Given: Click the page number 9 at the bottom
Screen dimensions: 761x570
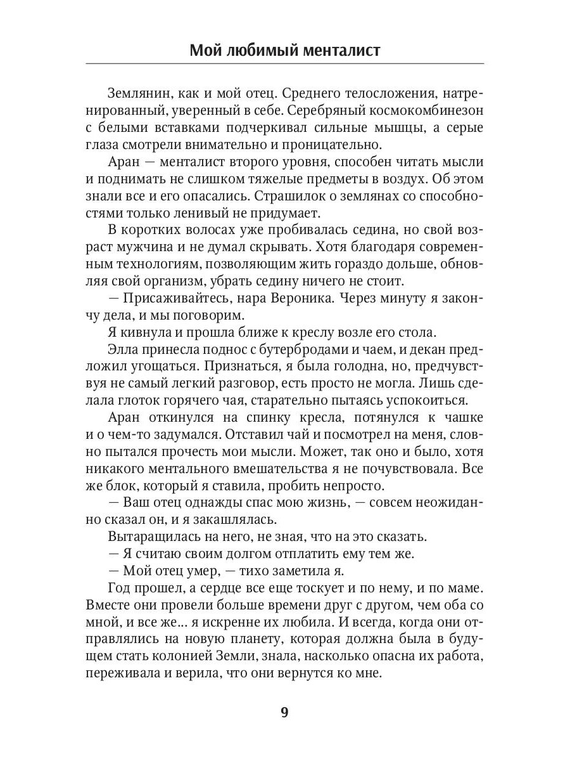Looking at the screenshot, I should pyautogui.click(x=284, y=712).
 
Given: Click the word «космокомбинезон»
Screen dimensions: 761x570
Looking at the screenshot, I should pyautogui.click(x=422, y=110).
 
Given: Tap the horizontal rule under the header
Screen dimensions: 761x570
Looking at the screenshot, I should pyautogui.click(x=284, y=64).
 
